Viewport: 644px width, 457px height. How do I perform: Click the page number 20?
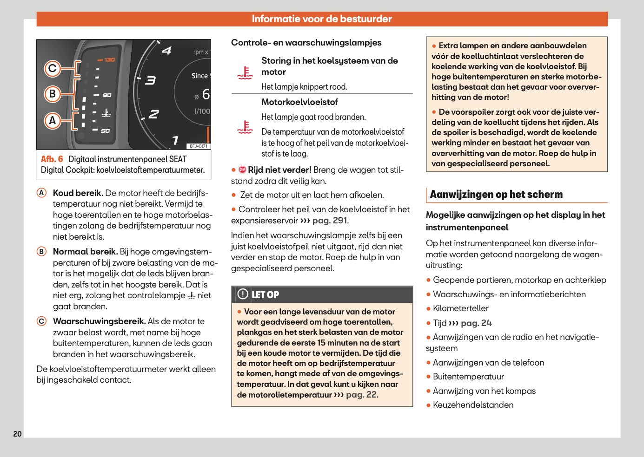tap(17, 434)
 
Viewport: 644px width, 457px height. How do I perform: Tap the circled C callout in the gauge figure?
tap(53, 69)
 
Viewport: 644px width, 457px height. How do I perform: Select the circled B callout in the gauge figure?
tap(53, 94)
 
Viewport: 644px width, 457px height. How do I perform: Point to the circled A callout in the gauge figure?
tap(53, 121)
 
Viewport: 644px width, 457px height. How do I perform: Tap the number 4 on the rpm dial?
tap(166, 51)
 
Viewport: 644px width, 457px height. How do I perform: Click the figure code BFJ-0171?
tap(199, 146)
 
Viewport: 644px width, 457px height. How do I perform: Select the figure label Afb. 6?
tap(52, 159)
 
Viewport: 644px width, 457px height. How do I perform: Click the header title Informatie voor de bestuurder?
tap(322, 19)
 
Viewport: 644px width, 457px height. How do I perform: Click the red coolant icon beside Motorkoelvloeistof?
tap(245, 127)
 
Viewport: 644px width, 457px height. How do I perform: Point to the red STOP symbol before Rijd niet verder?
tap(242, 170)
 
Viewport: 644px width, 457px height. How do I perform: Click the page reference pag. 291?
tap(330, 221)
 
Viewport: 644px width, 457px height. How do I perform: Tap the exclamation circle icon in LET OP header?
tap(243, 294)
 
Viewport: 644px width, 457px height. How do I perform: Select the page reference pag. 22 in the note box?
tap(362, 395)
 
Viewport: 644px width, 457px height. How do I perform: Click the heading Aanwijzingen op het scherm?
tap(496, 195)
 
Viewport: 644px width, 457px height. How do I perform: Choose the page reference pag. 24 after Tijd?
tap(476, 323)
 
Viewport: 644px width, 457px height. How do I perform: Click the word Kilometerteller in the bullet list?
tap(461, 308)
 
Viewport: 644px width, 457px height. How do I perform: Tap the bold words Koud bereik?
tap(78, 193)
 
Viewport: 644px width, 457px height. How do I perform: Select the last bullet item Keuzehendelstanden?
tap(473, 405)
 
